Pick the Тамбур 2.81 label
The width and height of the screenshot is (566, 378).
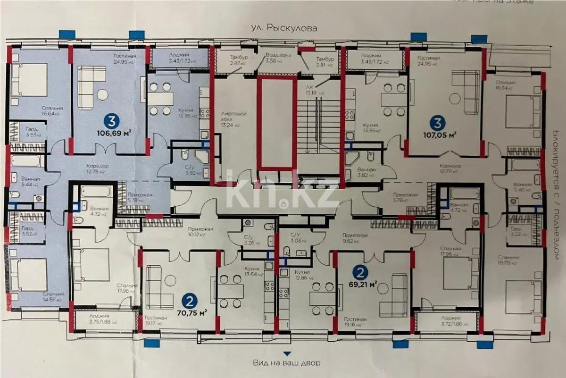click(x=325, y=61)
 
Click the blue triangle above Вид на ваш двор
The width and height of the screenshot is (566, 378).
click(x=285, y=353)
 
